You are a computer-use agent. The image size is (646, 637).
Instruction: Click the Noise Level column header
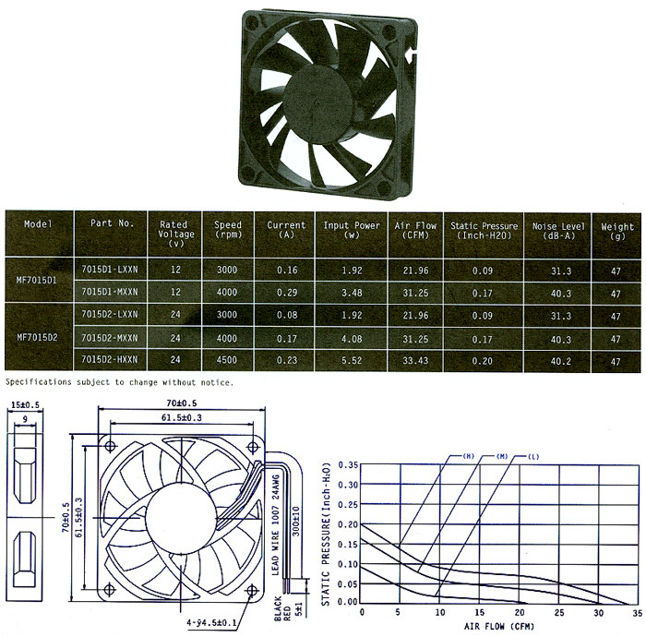[558, 231]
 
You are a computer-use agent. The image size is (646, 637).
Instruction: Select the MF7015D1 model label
[37, 280]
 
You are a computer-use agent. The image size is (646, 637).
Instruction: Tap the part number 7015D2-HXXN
[110, 359]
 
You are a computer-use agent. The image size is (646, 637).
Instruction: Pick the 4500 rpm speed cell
[227, 360]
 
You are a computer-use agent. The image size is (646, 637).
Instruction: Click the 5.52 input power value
[352, 360]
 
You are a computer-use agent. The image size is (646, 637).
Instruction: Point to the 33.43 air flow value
[415, 361]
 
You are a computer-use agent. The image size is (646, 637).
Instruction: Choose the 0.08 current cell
[287, 315]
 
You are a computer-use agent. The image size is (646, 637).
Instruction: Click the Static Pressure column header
[484, 231]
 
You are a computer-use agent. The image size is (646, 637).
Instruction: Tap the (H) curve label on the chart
[469, 456]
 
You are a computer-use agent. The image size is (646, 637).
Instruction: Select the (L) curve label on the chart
[533, 457]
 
